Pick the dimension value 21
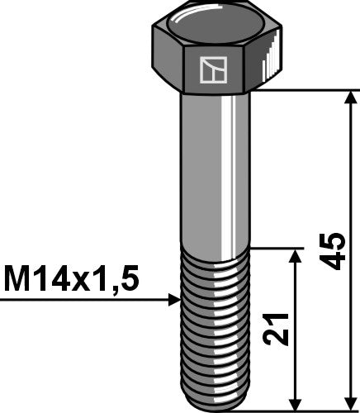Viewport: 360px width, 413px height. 282,330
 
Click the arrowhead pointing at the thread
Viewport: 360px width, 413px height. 174,300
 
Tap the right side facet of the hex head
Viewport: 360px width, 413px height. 264,66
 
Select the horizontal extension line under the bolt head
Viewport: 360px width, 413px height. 306,89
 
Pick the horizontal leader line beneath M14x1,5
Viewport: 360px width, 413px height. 83,300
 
